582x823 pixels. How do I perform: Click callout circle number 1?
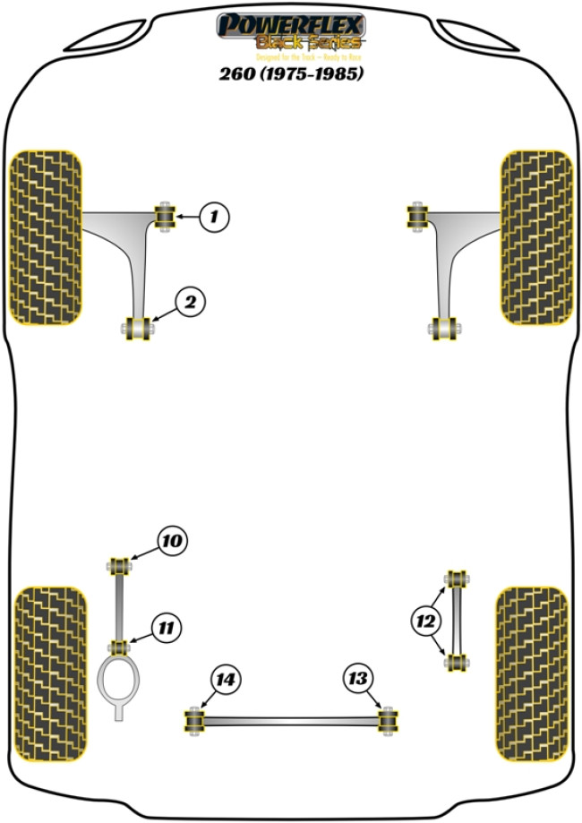click(214, 216)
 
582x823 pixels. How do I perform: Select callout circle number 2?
click(190, 303)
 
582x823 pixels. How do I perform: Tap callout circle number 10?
click(172, 540)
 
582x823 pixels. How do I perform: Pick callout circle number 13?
click(358, 681)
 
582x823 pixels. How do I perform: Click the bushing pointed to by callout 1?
click(166, 217)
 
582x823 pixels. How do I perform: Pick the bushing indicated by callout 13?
click(388, 719)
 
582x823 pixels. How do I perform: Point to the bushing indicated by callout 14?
click(193, 719)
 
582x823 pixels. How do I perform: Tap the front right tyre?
click(535, 236)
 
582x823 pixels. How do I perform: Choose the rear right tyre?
click(531, 673)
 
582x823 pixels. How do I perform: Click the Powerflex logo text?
click(290, 26)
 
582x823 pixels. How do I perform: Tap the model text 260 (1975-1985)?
click(291, 74)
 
